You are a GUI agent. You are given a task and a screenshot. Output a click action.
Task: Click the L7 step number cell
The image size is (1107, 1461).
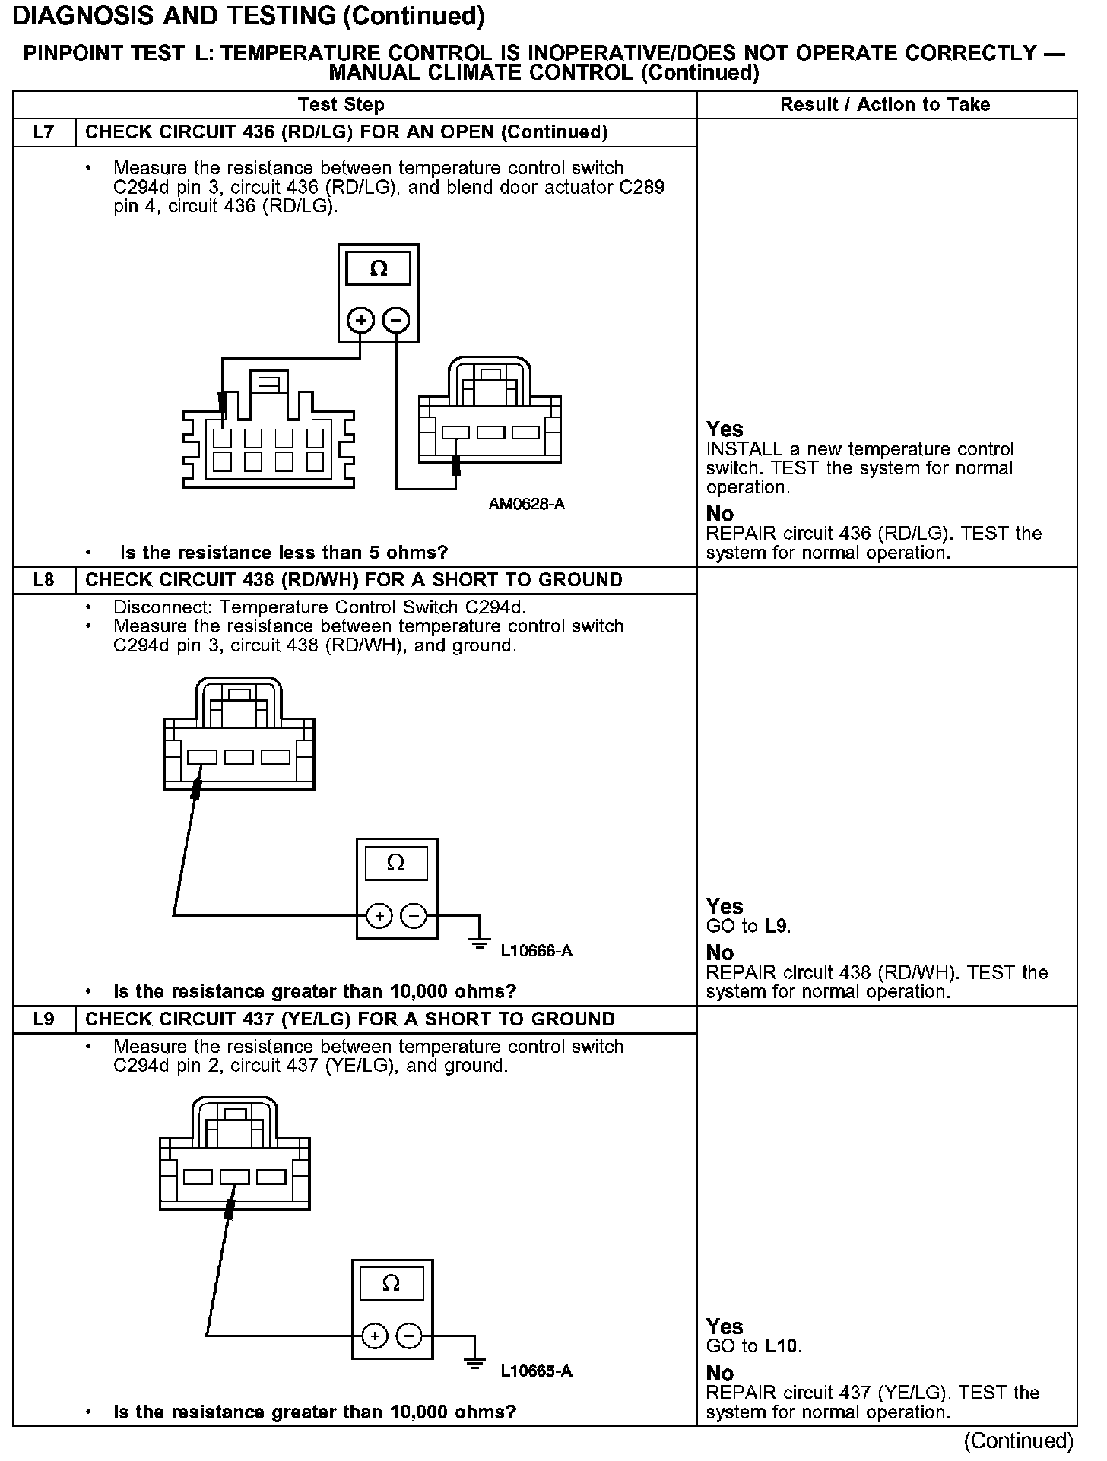44,132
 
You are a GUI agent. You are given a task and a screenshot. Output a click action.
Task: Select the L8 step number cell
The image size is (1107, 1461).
44,580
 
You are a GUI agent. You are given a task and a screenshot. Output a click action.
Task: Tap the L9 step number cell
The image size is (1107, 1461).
44,1019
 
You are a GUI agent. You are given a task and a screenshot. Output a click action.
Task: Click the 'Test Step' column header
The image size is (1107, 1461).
341,105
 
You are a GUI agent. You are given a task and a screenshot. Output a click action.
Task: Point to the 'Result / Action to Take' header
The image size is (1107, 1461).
885,105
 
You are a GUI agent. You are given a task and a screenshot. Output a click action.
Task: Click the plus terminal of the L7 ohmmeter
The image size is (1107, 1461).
360,320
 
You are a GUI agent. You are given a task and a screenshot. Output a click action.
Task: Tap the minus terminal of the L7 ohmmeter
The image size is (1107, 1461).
395,320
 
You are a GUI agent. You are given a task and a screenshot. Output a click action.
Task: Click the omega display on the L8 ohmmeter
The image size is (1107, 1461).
396,864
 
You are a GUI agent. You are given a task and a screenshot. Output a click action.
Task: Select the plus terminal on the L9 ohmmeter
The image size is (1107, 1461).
375,1336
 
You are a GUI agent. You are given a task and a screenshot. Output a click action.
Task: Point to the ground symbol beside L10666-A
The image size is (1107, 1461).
480,943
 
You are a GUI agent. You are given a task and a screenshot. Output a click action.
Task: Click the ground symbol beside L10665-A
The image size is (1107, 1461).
474,1363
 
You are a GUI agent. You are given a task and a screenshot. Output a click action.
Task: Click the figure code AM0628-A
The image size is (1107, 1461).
526,505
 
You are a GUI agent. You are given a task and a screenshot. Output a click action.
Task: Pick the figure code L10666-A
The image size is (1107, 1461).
536,951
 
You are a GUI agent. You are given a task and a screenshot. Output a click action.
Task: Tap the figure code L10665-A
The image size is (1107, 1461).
536,1371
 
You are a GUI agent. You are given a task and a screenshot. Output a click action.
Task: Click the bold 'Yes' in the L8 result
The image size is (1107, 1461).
725,906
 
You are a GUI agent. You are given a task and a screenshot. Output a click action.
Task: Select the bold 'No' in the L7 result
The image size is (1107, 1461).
720,514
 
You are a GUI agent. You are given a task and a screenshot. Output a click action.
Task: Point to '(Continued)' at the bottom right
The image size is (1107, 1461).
1018,1440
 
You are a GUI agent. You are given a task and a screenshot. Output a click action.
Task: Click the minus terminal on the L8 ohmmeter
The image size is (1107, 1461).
414,916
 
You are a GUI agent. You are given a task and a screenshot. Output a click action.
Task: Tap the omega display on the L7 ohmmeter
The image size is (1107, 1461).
378,268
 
